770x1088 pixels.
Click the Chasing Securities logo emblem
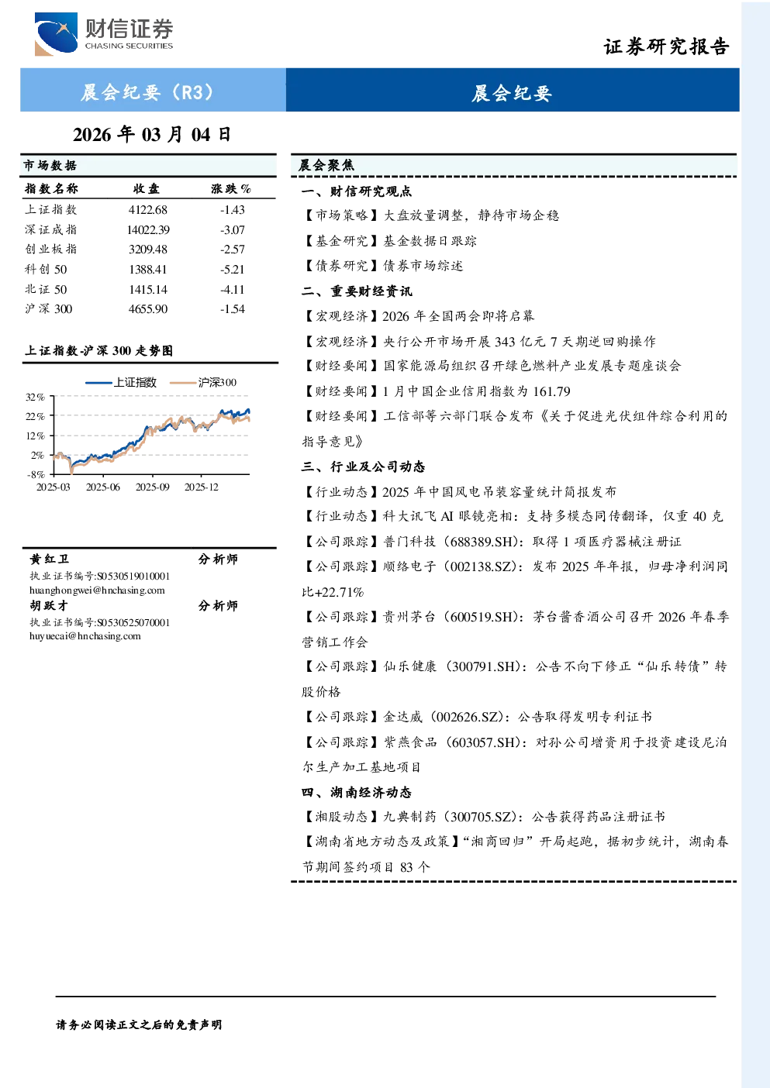click(56, 33)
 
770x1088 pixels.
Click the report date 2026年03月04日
click(152, 135)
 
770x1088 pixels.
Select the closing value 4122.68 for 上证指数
click(148, 210)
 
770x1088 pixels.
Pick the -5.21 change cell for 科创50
click(233, 270)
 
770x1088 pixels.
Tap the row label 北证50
click(46, 290)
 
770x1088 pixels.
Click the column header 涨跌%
click(231, 188)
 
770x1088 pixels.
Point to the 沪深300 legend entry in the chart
click(203, 382)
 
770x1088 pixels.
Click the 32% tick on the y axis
click(35, 398)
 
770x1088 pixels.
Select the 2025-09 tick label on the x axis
click(153, 487)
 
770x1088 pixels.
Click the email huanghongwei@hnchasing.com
click(97, 590)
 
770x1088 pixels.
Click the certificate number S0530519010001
click(133, 576)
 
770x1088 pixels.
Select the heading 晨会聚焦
click(326, 165)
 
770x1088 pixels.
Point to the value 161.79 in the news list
click(552, 391)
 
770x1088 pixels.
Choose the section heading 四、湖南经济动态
click(357, 793)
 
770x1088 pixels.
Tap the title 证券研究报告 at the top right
click(666, 46)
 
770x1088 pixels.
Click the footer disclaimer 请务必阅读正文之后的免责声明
click(139, 1025)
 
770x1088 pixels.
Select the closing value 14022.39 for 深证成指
click(148, 229)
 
